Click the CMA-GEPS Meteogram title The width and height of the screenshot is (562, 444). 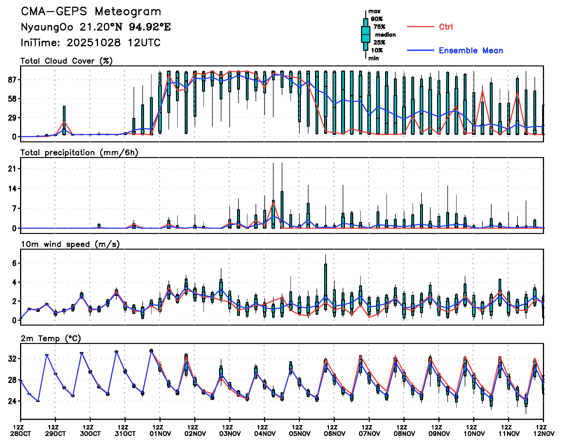point(91,12)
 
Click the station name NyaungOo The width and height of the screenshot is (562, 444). point(47,27)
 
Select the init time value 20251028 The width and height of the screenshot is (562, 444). point(93,43)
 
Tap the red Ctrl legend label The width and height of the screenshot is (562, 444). point(446,27)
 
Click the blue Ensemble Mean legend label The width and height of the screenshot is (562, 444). point(471,51)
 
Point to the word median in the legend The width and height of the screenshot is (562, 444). point(385,35)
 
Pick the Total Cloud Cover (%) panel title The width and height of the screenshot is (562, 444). point(66,61)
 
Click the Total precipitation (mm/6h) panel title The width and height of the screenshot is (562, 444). point(79,153)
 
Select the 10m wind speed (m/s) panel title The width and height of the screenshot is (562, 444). point(70,244)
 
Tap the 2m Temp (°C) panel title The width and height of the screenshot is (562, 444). point(51,338)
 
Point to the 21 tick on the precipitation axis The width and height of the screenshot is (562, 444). point(12,169)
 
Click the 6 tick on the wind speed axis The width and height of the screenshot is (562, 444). point(14,263)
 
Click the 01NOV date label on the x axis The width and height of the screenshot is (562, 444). point(160,434)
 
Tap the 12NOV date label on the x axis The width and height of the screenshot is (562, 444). point(544,434)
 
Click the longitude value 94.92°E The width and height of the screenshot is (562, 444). point(150,27)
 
